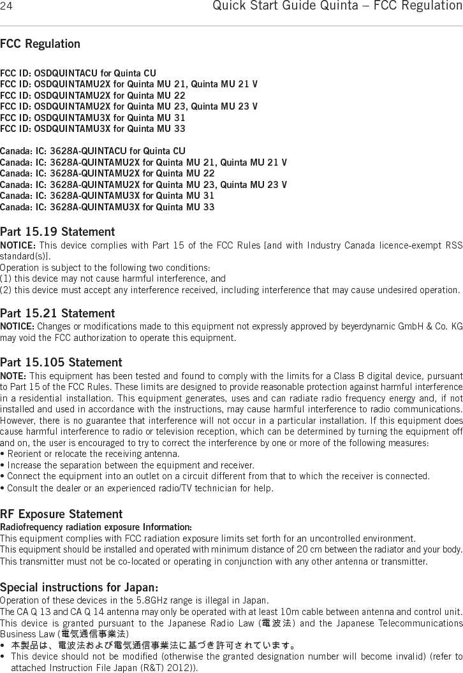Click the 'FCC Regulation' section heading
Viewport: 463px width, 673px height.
40,44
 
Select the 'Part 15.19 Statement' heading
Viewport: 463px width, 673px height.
57,231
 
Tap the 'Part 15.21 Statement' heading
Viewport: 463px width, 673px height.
57,314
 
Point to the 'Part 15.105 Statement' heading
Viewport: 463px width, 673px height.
61,363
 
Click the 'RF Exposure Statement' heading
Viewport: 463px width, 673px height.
61,514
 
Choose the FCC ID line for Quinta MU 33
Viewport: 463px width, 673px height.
92,129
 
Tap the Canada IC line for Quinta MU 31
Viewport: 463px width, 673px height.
107,196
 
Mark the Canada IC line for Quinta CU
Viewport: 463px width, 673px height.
92,151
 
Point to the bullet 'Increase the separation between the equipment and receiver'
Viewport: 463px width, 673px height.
128,465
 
